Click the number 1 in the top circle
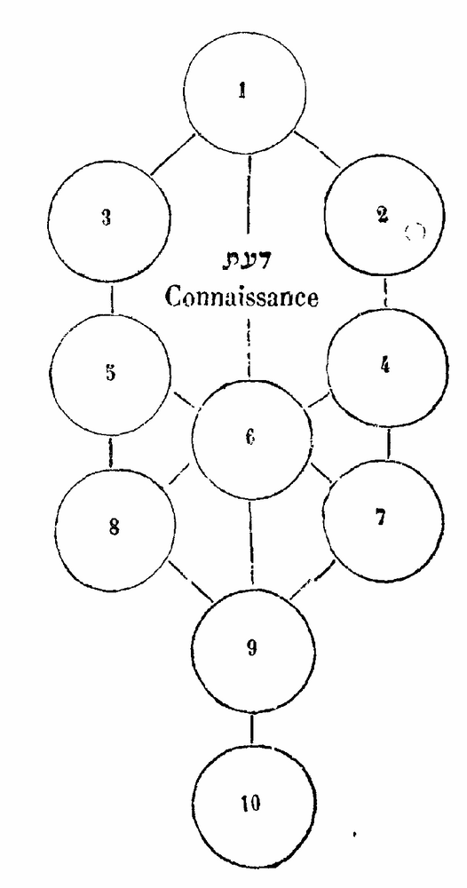[242, 91]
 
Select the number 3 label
[107, 218]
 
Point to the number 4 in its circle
[385, 366]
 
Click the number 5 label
[110, 374]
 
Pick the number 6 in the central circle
[249, 438]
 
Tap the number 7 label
[381, 517]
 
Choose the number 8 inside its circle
[114, 528]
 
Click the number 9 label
[252, 649]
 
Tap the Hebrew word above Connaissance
[245, 261]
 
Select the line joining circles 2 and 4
[385, 293]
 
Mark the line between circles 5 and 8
[110, 453]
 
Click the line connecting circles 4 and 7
[388, 443]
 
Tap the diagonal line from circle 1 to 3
[172, 155]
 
